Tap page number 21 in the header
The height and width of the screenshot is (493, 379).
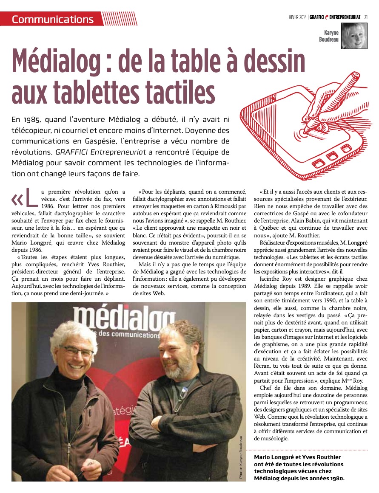366,17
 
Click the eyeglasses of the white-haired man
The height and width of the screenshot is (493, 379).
76,351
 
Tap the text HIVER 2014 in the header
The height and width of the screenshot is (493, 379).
298,17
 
